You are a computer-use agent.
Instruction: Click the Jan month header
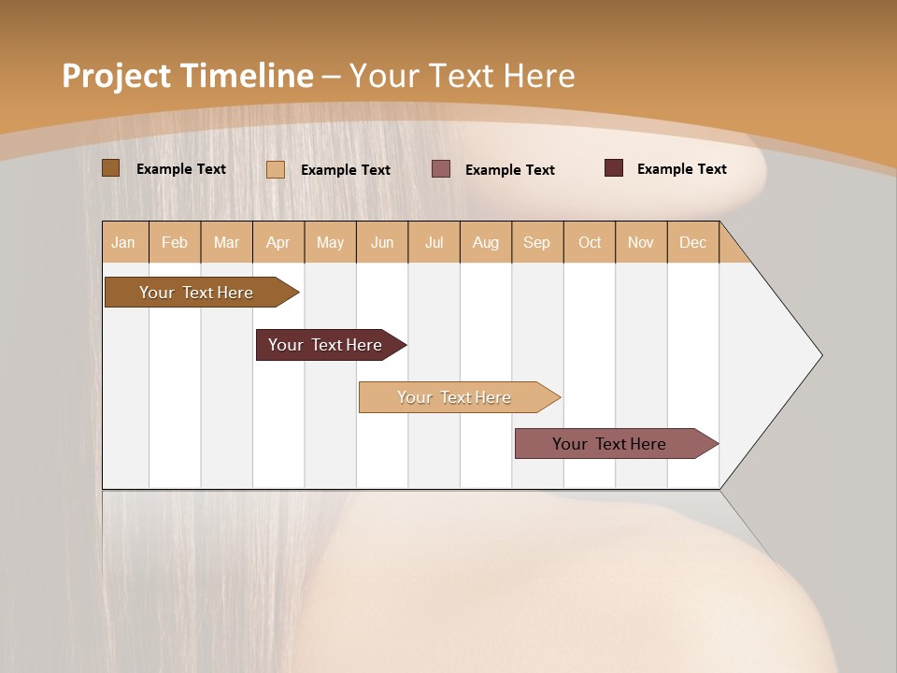(x=124, y=243)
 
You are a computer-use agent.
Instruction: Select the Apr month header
(x=278, y=243)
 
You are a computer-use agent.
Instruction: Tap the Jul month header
(x=434, y=243)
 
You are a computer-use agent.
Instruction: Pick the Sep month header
(x=537, y=243)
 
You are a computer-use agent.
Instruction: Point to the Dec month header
(x=692, y=243)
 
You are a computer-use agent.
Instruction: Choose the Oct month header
(x=590, y=243)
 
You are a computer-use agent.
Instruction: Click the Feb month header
(x=175, y=243)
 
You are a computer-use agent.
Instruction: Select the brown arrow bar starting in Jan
(x=197, y=293)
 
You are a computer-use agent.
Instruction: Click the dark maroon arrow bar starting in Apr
(x=326, y=345)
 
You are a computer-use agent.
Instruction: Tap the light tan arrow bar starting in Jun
(x=455, y=397)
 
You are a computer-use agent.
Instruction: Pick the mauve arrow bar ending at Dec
(x=610, y=444)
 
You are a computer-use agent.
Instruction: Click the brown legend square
(x=111, y=168)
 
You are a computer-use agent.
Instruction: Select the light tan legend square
(x=276, y=169)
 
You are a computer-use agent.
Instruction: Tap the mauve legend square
(x=441, y=169)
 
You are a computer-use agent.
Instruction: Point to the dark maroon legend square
(x=614, y=168)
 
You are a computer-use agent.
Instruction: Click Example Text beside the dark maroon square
(x=681, y=169)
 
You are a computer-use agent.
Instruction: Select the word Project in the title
(x=116, y=76)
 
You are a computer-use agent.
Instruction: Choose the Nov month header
(x=641, y=243)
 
